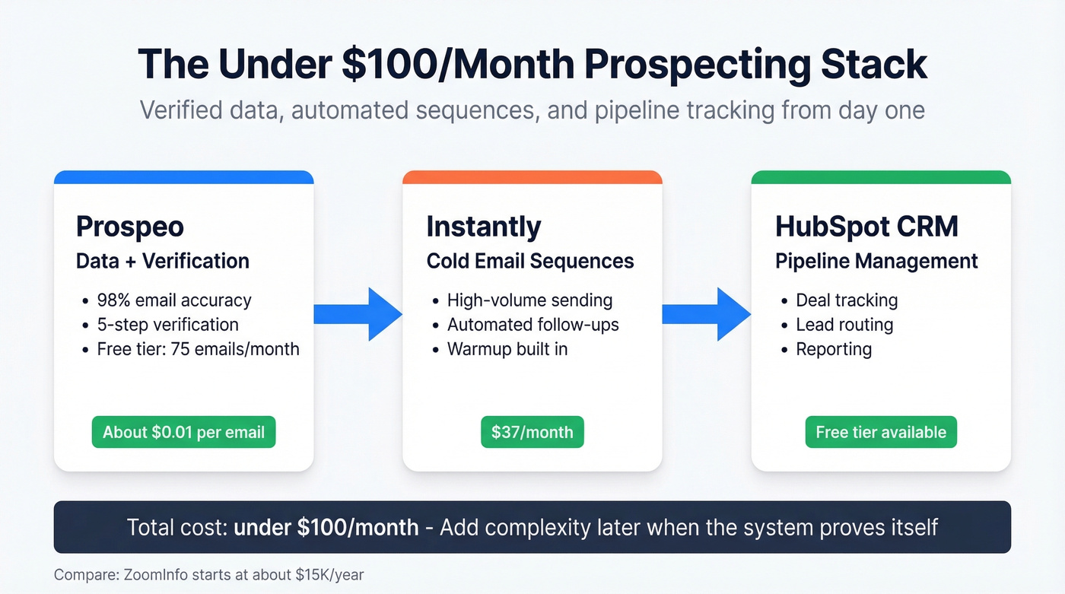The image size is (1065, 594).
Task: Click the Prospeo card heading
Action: coord(130,227)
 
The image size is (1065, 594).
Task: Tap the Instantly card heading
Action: coord(483,227)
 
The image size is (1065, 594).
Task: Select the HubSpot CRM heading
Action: coord(866,227)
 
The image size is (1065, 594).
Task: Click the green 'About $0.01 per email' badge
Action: coord(183,432)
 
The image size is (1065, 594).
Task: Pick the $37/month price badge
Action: coord(532,432)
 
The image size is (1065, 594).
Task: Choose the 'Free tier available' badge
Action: coord(881,432)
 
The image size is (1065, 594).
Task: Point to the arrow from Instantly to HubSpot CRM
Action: coord(707,314)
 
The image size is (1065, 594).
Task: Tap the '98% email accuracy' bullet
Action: coord(174,300)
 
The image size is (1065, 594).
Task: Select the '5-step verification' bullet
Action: coord(167,325)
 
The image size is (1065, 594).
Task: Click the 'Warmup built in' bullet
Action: coord(507,349)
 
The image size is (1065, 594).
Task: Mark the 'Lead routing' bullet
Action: coord(844,325)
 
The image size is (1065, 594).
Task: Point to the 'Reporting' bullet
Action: coord(834,349)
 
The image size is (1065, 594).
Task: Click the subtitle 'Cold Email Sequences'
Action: coord(530,261)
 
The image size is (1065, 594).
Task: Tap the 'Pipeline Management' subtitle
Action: coord(876,261)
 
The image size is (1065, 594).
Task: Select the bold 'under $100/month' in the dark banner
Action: coord(326,526)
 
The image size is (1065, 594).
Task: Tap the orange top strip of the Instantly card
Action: coord(532,177)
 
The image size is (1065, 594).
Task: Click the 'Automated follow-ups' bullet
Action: coord(532,325)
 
